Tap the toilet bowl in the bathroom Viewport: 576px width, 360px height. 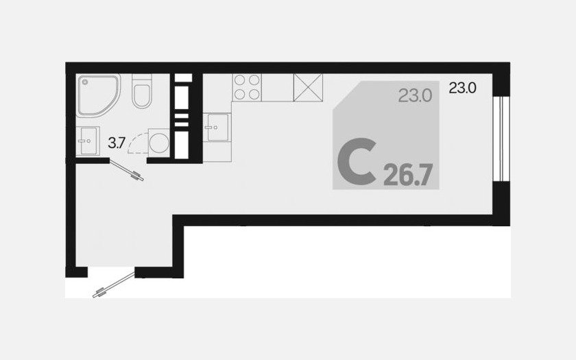[142, 96]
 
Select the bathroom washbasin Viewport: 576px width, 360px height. [88, 141]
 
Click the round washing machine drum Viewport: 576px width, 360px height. [158, 142]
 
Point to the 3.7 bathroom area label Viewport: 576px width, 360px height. [117, 143]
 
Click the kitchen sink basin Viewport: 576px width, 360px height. [218, 127]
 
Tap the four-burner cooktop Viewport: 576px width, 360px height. [246, 87]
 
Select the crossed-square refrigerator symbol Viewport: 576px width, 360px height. [308, 88]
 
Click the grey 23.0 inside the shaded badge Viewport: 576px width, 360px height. [415, 96]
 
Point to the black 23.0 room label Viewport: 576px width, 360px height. [462, 88]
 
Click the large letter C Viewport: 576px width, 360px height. [357, 161]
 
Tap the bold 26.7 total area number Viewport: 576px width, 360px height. [408, 175]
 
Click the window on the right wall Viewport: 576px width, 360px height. [501, 139]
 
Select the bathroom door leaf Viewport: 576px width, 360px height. [126, 171]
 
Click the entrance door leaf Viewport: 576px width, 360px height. [114, 285]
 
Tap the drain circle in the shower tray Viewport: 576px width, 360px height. [85, 82]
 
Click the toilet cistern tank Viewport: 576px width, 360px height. [142, 79]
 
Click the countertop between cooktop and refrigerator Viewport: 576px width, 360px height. [277, 88]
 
